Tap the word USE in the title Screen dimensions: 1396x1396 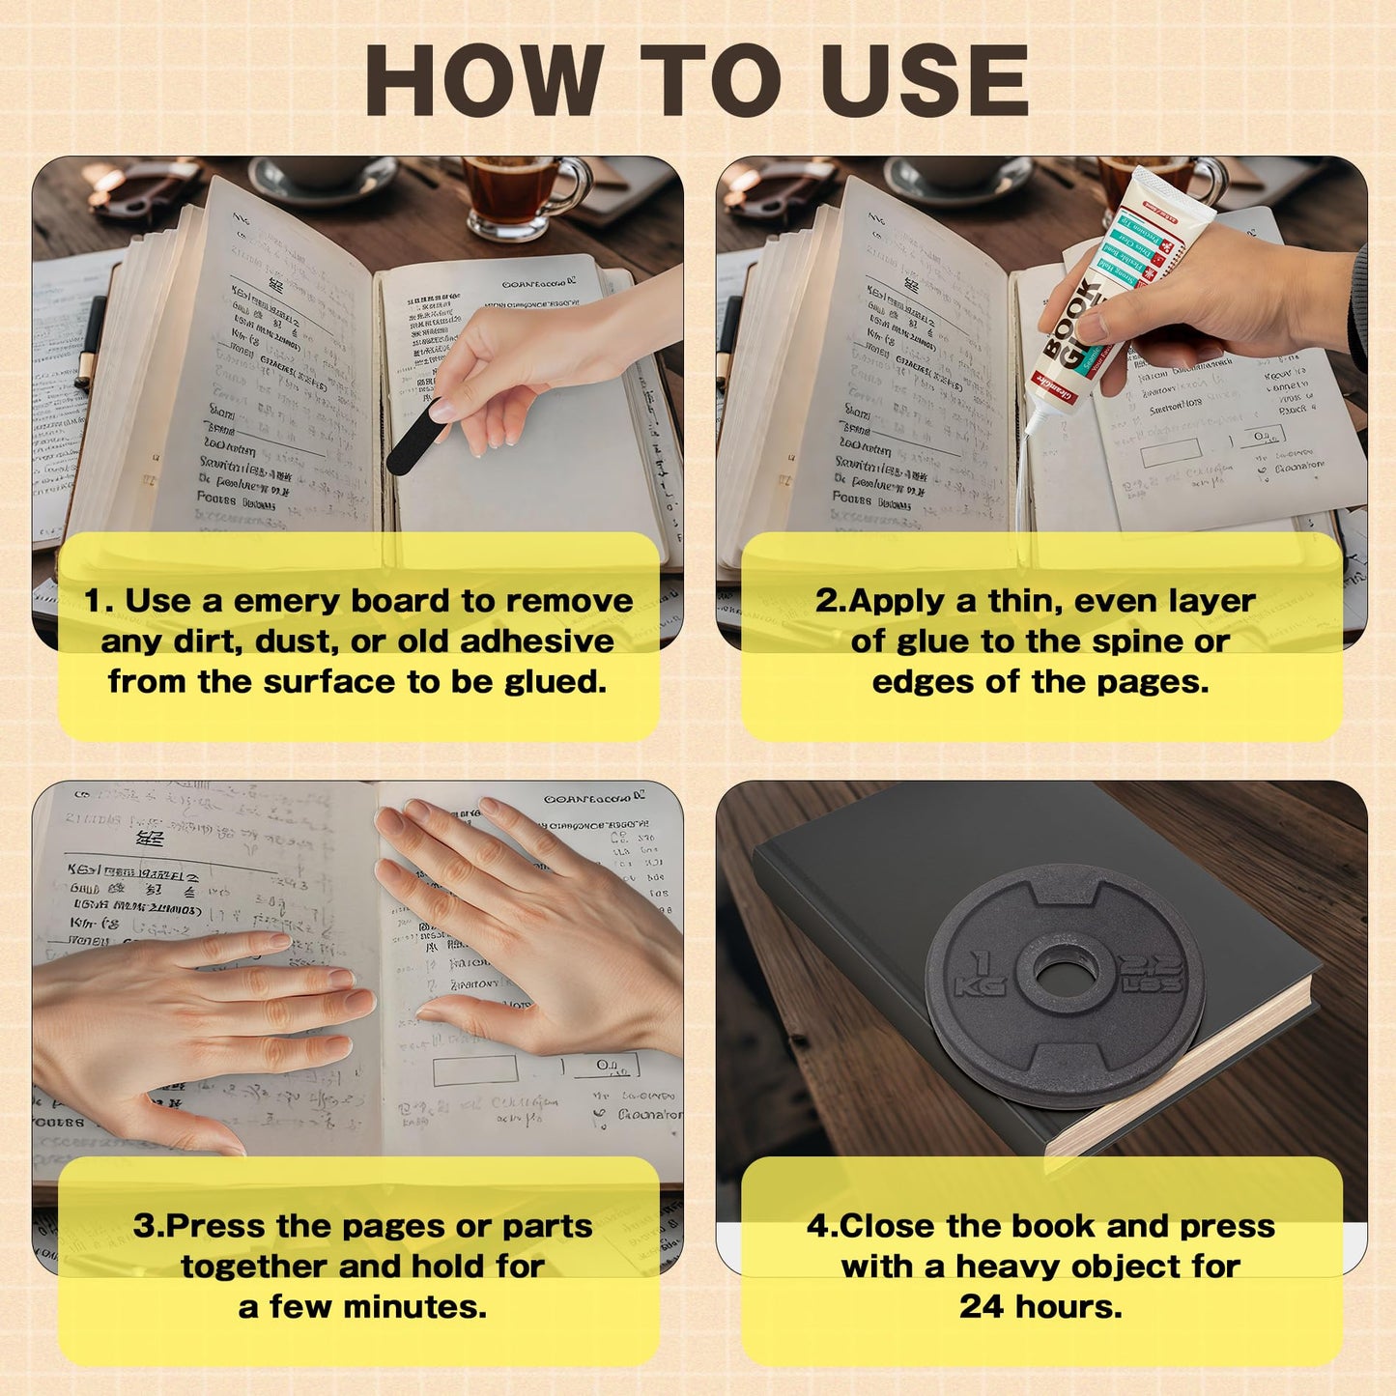click(925, 82)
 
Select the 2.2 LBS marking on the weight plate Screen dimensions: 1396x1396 click(1151, 974)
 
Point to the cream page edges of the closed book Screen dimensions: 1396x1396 click(1188, 1072)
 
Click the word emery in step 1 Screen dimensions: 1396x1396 click(287, 601)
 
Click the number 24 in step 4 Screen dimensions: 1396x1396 click(983, 1307)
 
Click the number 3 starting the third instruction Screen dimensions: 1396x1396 click(143, 1226)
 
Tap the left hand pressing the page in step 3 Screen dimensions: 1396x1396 click(193, 1024)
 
